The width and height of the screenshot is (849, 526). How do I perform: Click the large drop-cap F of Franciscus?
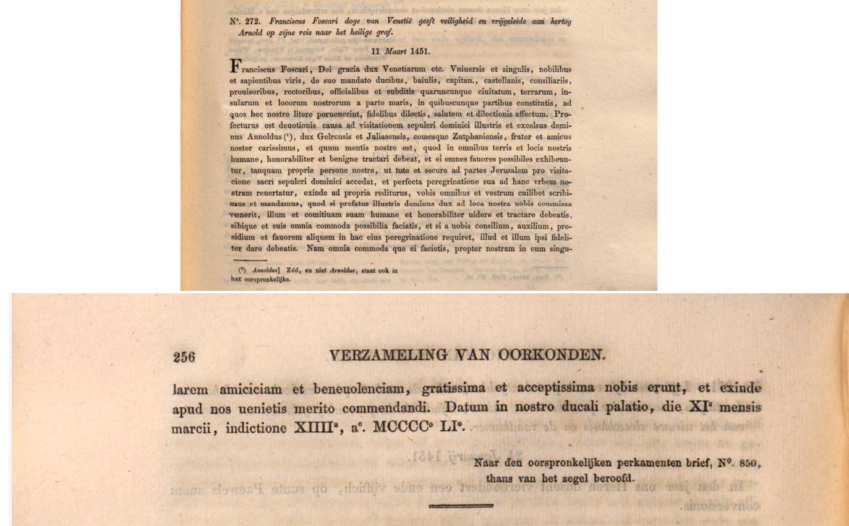235,67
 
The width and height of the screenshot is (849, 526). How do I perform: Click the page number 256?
184,357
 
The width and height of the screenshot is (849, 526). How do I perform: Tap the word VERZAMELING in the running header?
388,355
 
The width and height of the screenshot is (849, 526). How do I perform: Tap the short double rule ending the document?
461,506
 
